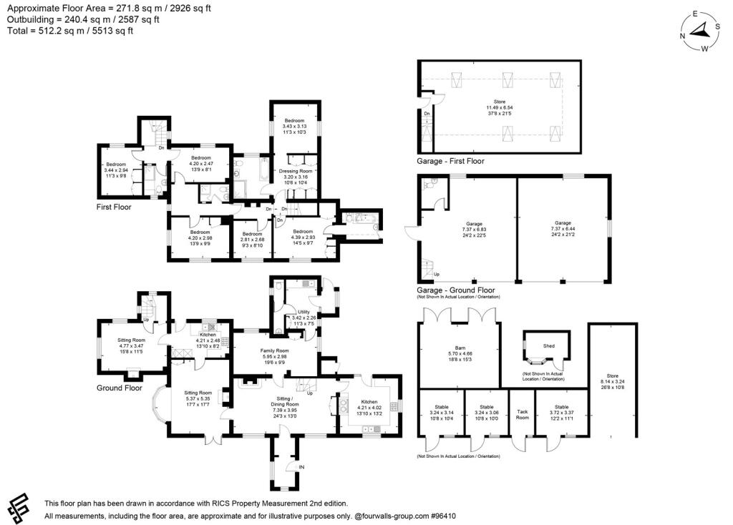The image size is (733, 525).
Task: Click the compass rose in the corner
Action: pos(702,31)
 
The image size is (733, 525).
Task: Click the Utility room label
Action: pos(304,313)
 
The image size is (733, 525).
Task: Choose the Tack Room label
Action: pos(523,415)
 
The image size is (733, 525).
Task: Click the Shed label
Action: pos(548,345)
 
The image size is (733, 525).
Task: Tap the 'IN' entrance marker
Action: pos(301,468)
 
